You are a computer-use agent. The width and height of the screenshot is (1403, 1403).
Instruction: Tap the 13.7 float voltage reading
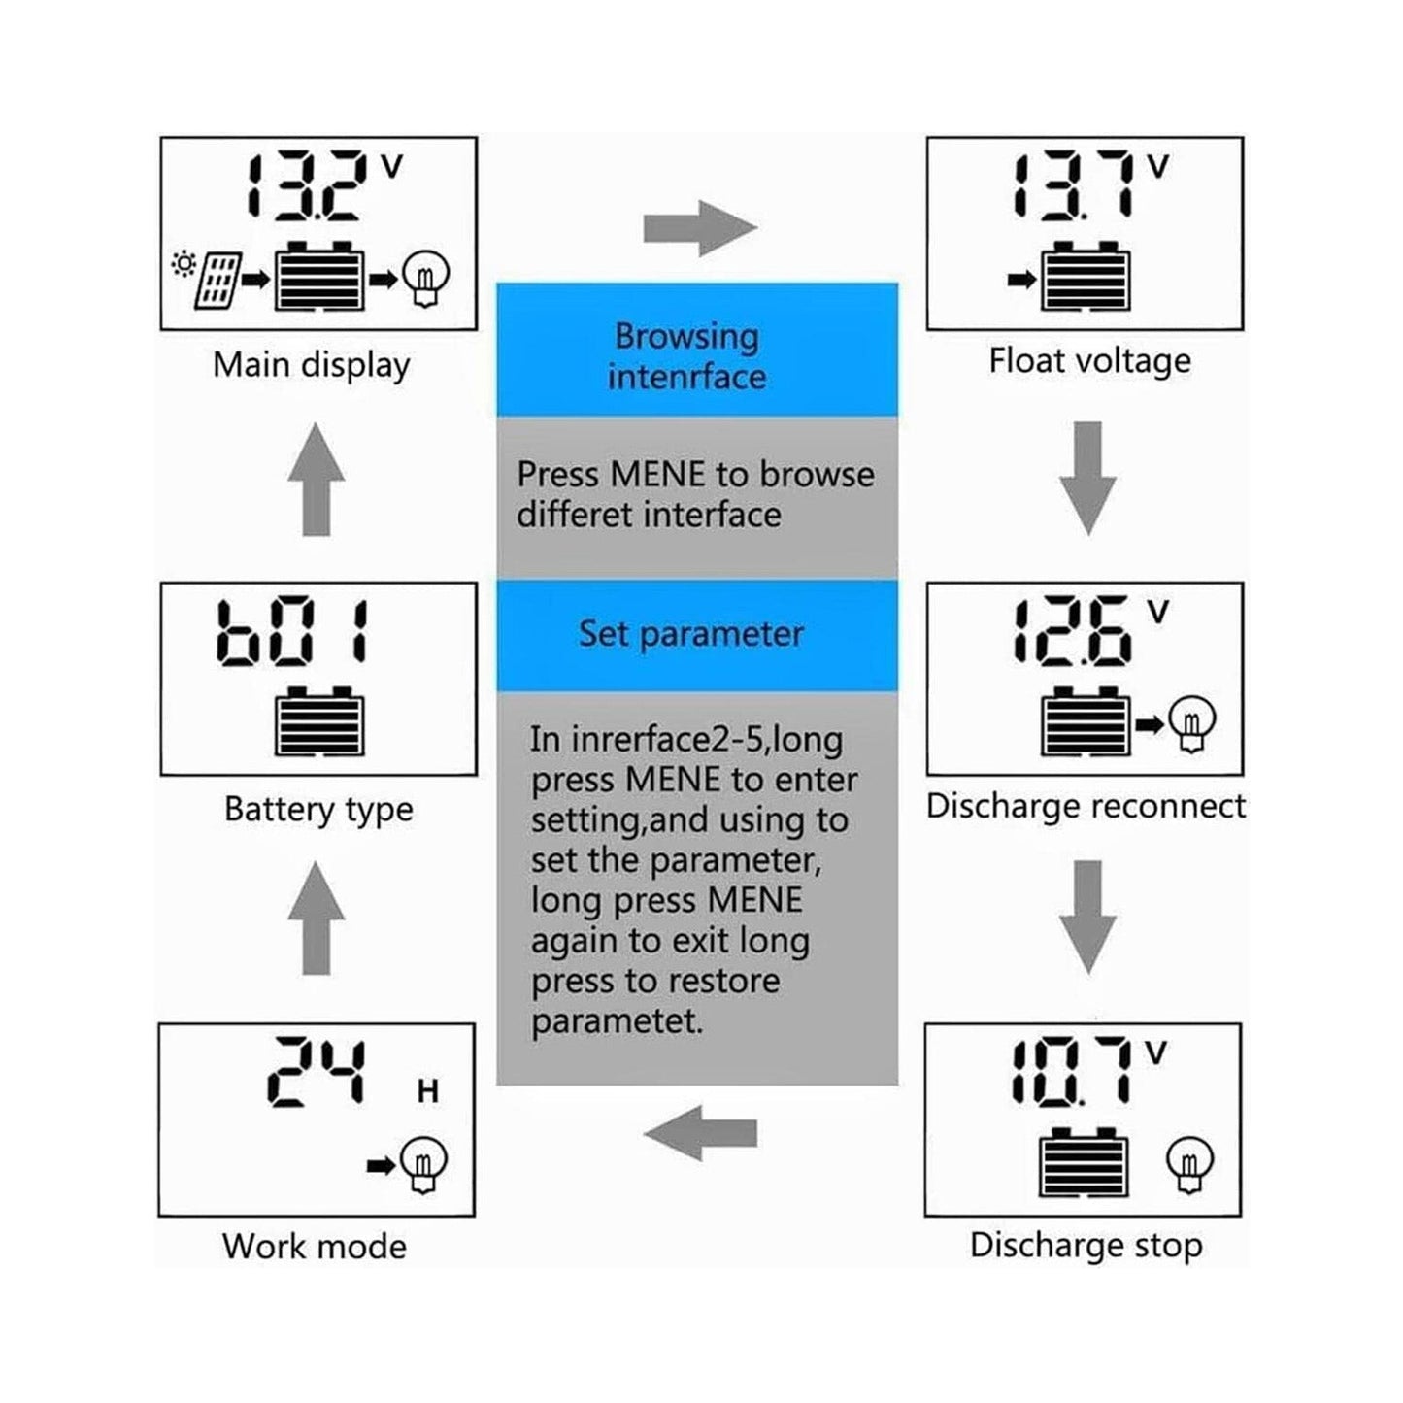pos(1073,184)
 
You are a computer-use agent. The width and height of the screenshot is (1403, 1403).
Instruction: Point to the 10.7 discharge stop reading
pos(1071,1072)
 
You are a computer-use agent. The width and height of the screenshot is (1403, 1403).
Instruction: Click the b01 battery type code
pos(291,633)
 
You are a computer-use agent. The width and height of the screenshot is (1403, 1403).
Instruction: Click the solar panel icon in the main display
pos(218,281)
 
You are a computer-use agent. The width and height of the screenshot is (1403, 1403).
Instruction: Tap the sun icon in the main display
pos(183,263)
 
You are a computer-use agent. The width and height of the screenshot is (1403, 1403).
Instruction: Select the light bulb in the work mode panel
pos(424,1163)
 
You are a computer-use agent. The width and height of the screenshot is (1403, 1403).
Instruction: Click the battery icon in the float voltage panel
pos(1085,278)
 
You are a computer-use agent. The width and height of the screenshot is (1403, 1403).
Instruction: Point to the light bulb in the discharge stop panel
pos(1189,1163)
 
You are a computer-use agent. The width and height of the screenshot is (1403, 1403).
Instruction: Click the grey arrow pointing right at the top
pos(699,229)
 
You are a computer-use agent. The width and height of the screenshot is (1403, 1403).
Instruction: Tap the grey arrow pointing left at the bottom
pos(699,1133)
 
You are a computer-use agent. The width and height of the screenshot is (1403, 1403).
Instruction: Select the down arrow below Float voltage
pos(1087,478)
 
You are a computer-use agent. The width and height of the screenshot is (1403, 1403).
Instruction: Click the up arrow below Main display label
pos(317,480)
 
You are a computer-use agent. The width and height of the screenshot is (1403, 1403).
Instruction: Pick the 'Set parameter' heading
pos(691,634)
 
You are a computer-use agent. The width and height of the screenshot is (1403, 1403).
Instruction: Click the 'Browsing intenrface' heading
pos(687,355)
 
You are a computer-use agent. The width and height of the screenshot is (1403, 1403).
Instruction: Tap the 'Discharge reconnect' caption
pos(1085,807)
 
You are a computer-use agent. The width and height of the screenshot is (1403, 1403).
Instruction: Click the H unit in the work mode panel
pos(428,1092)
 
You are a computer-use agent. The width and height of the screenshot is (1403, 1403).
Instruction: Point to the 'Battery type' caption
pos(318,810)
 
